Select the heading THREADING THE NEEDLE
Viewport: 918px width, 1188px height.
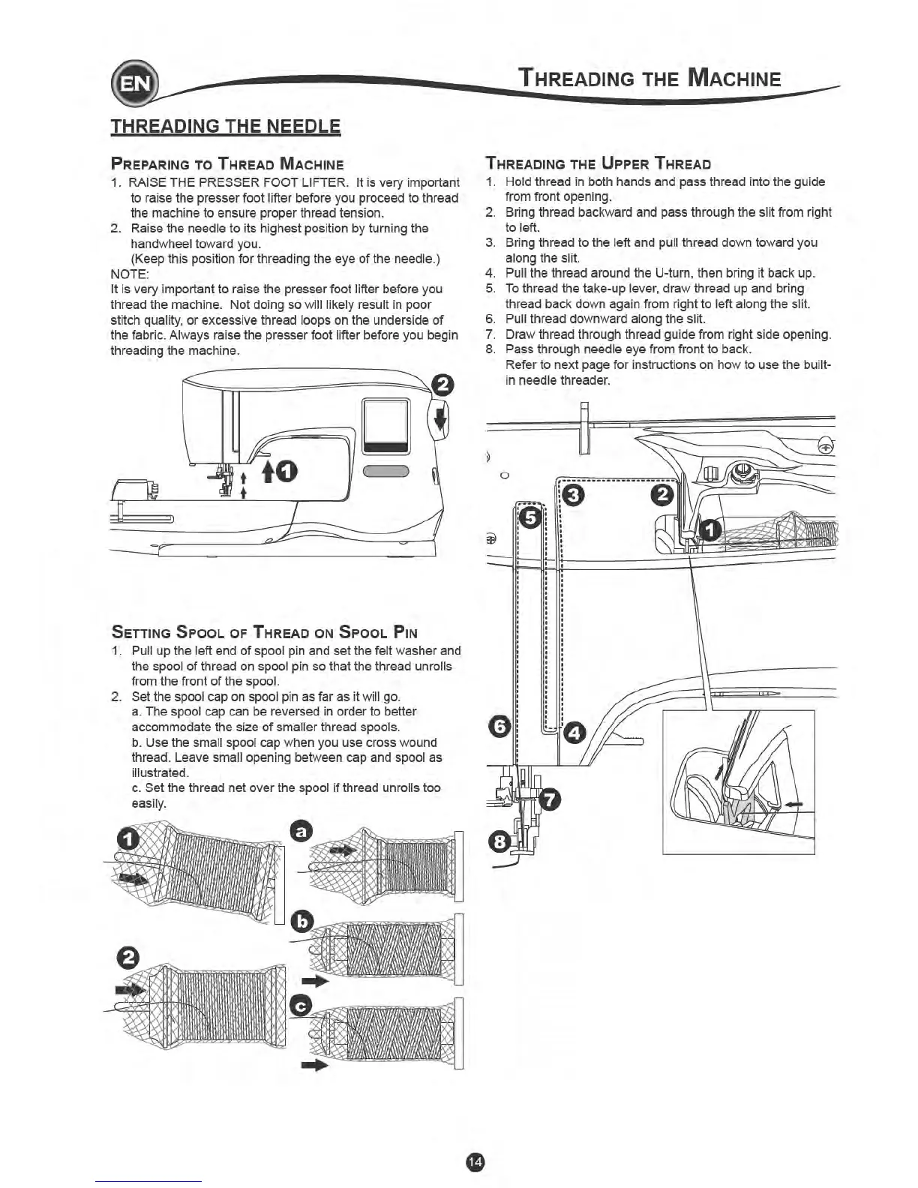tap(226, 126)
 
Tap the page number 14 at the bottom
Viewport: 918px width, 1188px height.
tap(475, 1161)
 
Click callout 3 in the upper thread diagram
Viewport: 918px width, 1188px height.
tap(573, 495)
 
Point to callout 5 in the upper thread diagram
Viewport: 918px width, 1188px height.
tap(530, 517)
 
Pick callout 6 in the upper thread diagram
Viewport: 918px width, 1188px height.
tap(500, 726)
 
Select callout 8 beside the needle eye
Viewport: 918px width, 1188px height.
tap(500, 842)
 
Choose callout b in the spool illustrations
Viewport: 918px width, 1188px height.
tap(301, 921)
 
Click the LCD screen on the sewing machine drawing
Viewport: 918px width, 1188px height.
tap(386, 425)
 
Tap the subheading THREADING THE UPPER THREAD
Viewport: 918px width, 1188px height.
tap(598, 163)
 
